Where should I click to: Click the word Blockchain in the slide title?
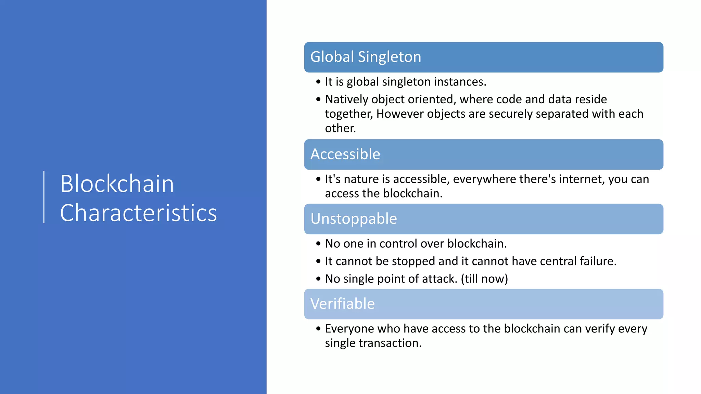tap(117, 184)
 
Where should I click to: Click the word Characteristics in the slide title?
tap(138, 213)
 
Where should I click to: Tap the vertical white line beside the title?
tap(44, 197)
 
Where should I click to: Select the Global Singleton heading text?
tap(365, 57)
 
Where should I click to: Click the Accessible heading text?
tap(345, 154)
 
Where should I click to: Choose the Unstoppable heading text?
tap(353, 219)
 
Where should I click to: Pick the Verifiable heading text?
tap(342, 304)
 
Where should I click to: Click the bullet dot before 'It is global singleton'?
tap(318, 82)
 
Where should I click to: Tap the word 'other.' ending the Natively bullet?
tap(340, 128)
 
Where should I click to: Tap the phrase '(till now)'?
tap(484, 279)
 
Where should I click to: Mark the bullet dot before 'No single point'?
tap(318, 279)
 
